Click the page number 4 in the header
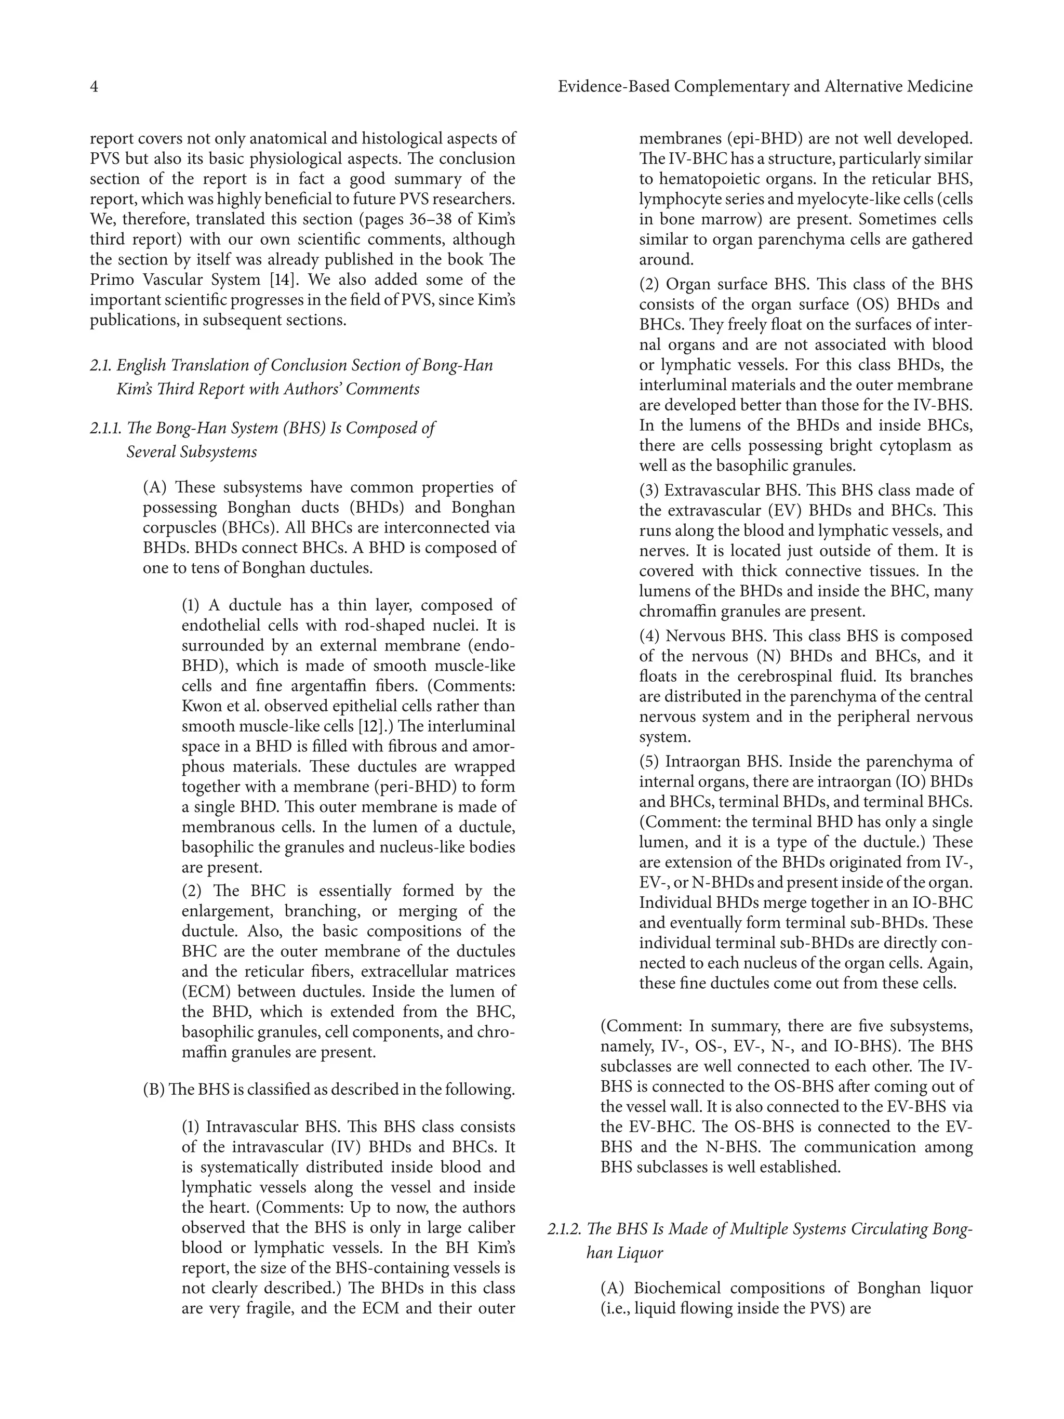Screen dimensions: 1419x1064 pos(94,87)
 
